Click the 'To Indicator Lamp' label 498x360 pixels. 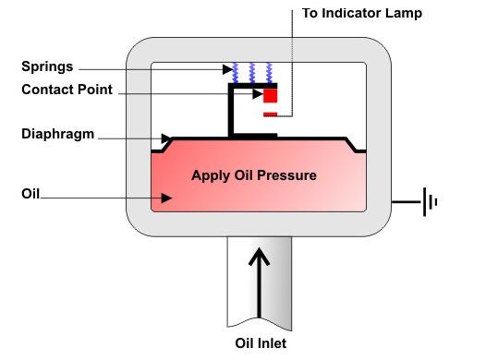(362, 13)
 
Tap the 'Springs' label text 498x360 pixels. (47, 67)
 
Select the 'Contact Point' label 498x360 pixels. (67, 90)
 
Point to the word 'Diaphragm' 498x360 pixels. (58, 134)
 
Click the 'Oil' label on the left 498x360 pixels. (30, 194)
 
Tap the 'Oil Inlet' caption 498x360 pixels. (261, 343)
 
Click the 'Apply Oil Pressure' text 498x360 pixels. (254, 175)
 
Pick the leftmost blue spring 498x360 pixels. (236, 73)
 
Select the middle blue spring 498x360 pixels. (252, 73)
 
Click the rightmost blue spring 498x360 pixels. (269, 73)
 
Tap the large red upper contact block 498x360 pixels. (271, 96)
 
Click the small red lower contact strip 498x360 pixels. (271, 114)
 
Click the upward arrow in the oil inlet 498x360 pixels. (259, 282)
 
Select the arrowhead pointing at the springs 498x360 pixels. (227, 69)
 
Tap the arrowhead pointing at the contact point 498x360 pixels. (258, 94)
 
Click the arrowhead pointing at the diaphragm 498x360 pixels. (166, 138)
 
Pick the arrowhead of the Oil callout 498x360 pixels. (166, 198)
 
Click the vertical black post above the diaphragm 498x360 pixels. (231, 111)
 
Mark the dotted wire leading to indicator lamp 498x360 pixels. (292, 63)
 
